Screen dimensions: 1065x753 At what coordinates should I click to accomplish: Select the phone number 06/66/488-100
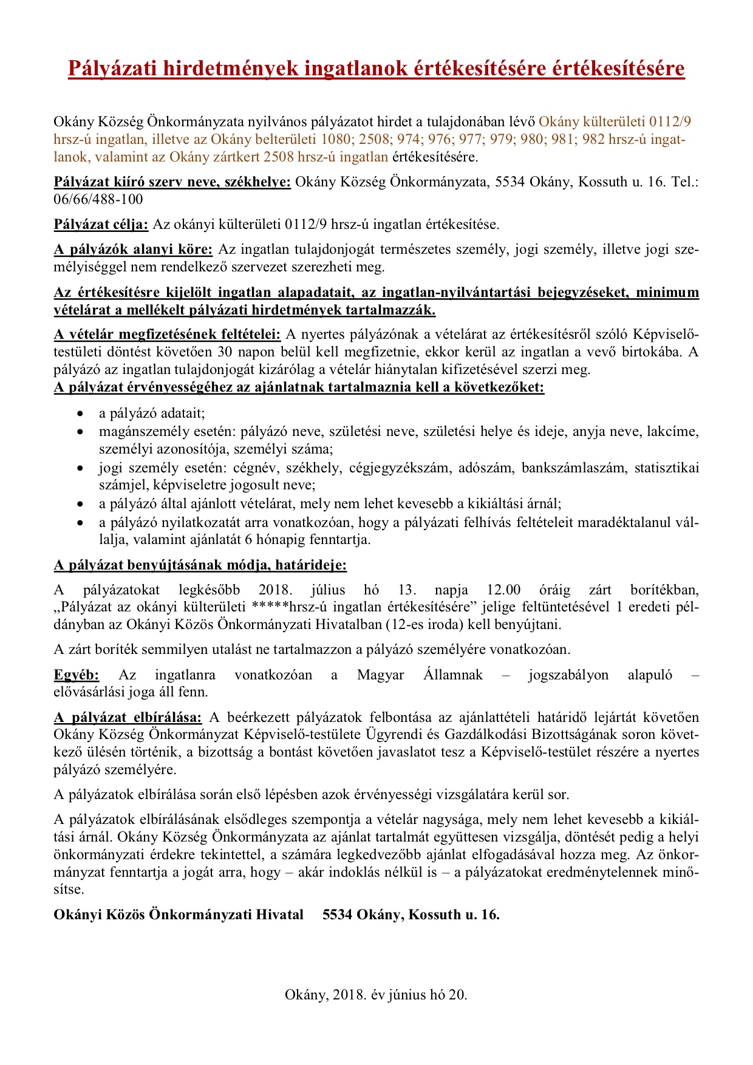[98, 200]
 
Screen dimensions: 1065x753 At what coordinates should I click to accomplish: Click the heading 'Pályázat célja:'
[101, 225]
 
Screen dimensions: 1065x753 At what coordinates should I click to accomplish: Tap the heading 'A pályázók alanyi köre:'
[133, 250]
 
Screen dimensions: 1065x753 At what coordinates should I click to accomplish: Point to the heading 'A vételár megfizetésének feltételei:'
[167, 335]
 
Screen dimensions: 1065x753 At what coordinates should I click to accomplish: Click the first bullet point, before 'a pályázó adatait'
[80, 414]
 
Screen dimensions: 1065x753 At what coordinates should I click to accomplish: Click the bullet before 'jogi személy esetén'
[80, 468]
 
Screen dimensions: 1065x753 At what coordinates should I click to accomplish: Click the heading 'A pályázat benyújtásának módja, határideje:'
[200, 566]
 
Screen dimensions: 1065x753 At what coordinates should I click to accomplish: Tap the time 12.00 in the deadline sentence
[503, 590]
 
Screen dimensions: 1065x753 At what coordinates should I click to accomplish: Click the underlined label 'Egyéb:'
[77, 675]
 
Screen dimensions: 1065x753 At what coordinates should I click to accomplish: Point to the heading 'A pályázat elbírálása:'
[128, 718]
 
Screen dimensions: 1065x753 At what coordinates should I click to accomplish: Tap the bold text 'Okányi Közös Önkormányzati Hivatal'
[179, 915]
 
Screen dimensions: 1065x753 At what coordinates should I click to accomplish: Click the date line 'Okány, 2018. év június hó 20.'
[376, 995]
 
